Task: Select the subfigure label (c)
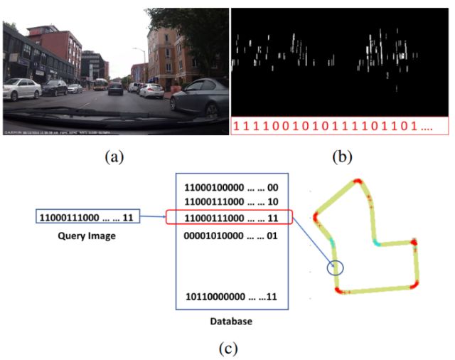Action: pos(227,348)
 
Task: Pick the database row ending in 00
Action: pos(231,188)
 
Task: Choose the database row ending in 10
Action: pos(231,202)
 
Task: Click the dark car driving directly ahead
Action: pos(115,88)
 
